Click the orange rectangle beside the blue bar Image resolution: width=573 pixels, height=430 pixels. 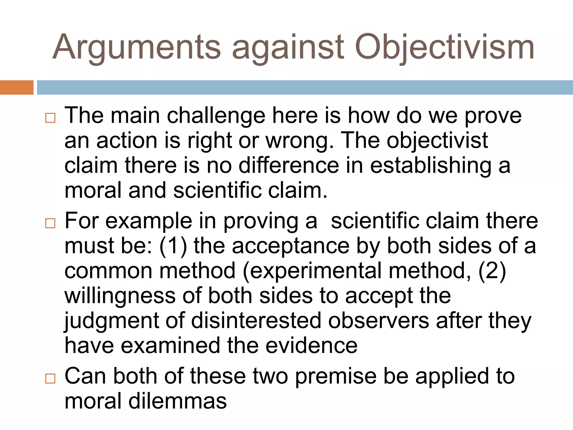tap(17, 87)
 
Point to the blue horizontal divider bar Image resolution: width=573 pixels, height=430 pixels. tap(305, 87)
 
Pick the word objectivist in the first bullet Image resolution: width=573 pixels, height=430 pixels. tap(437, 141)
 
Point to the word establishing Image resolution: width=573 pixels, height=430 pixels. tap(431, 166)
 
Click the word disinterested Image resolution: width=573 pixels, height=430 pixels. tap(256, 321)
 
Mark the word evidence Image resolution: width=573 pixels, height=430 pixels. tap(311, 345)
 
